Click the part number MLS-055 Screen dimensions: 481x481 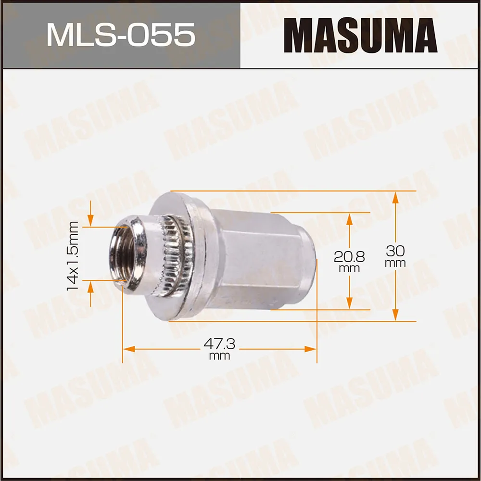(120, 35)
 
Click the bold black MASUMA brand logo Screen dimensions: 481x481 (360, 35)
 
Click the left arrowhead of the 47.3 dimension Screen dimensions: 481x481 (128, 348)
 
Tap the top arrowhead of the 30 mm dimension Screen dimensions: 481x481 (395, 197)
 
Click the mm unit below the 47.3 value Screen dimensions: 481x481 (219, 356)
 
